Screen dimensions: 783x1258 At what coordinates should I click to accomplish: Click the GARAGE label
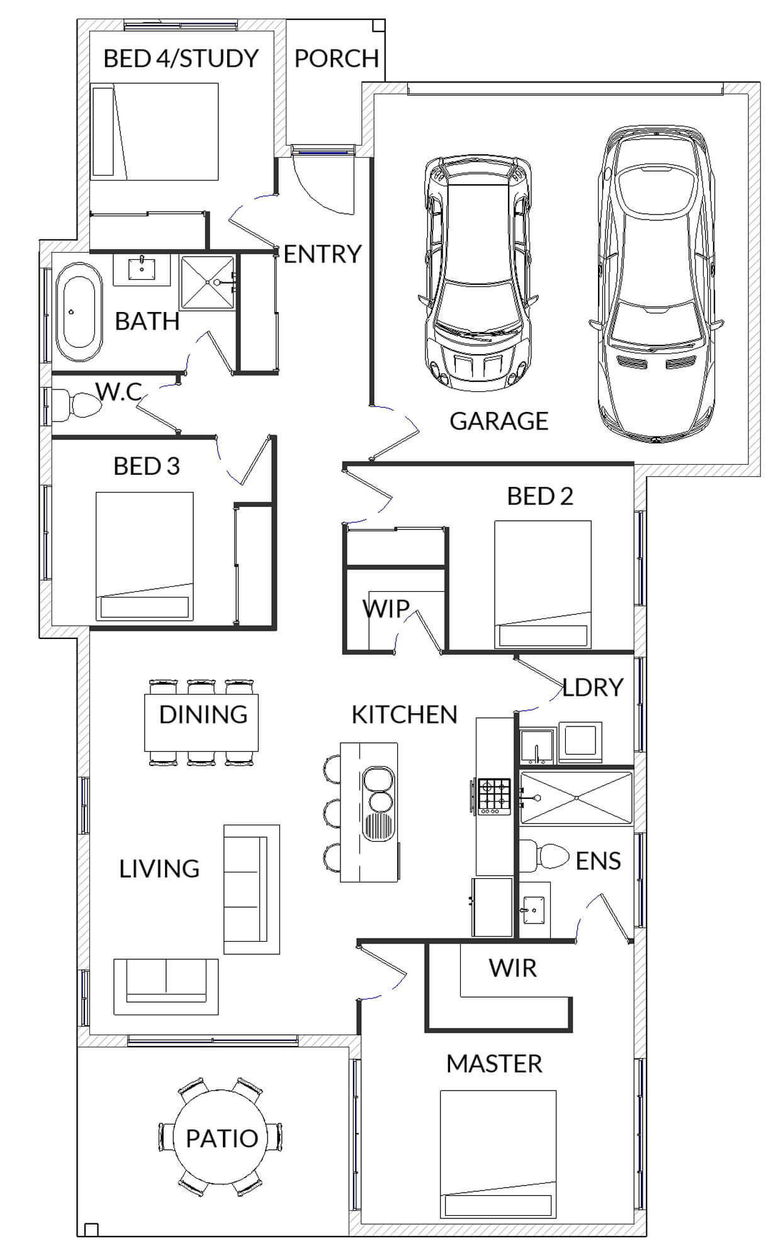tap(499, 421)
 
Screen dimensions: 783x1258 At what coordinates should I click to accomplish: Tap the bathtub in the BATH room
tap(79, 311)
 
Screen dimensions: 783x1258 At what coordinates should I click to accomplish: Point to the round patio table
tap(221, 1137)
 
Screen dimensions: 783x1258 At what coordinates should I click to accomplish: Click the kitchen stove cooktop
tap(494, 796)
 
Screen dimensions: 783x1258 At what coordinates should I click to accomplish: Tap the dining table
tap(201, 722)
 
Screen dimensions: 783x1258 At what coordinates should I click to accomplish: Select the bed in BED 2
tap(543, 584)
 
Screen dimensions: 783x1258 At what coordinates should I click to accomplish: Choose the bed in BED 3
tap(144, 556)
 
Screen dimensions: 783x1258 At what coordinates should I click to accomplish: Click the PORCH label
tap(336, 58)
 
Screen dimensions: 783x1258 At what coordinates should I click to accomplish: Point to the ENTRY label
tap(322, 254)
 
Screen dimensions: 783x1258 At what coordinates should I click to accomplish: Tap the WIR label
tap(512, 968)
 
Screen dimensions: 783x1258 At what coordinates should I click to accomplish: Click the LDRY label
tap(592, 687)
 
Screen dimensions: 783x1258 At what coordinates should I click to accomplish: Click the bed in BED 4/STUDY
tap(154, 131)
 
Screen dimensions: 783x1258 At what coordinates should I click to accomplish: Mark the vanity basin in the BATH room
tap(142, 270)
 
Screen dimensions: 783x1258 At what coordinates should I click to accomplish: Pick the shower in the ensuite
tap(576, 798)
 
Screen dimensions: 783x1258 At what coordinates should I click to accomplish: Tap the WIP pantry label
tap(386, 608)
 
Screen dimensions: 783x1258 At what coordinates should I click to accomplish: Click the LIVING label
tap(159, 869)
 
